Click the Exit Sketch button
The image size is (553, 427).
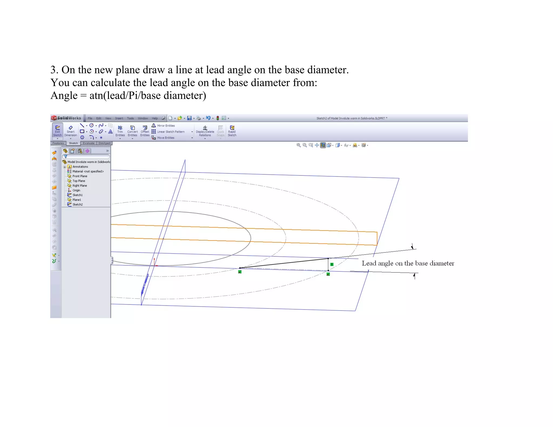[x=57, y=131]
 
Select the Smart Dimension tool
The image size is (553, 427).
[x=70, y=131]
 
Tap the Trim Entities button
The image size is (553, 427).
[x=120, y=131]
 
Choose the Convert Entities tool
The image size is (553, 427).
[x=132, y=131]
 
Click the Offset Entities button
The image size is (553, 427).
[x=145, y=131]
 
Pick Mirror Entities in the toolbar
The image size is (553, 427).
[x=164, y=126]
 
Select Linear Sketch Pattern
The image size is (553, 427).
[x=169, y=132]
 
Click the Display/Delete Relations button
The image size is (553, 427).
[x=205, y=131]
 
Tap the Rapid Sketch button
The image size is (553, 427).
[x=232, y=131]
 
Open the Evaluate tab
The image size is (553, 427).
[x=89, y=143]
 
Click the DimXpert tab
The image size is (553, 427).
[x=104, y=143]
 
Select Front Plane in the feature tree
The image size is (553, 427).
[x=80, y=176]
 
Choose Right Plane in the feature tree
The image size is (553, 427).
[x=80, y=186]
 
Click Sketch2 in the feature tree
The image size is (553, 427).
[x=77, y=205]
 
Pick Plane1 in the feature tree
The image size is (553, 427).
[x=77, y=200]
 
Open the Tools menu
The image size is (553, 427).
[x=130, y=118]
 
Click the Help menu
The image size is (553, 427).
[x=155, y=118]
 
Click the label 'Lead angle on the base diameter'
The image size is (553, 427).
[x=408, y=263]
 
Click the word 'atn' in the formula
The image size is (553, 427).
[x=96, y=96]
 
